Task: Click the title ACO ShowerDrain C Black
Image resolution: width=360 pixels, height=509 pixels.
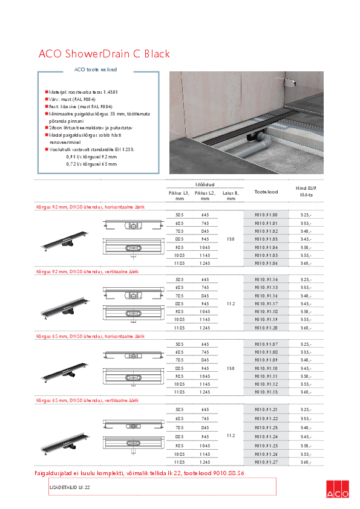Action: click(x=104, y=54)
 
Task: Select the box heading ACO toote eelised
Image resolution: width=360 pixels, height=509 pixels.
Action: click(x=96, y=70)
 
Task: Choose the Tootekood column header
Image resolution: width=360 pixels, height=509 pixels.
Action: click(x=266, y=192)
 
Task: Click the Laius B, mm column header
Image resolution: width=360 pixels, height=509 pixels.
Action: click(x=231, y=195)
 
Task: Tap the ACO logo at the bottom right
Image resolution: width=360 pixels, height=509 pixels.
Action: click(x=337, y=489)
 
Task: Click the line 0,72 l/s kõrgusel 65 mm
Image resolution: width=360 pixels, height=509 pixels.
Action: click(x=91, y=164)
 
